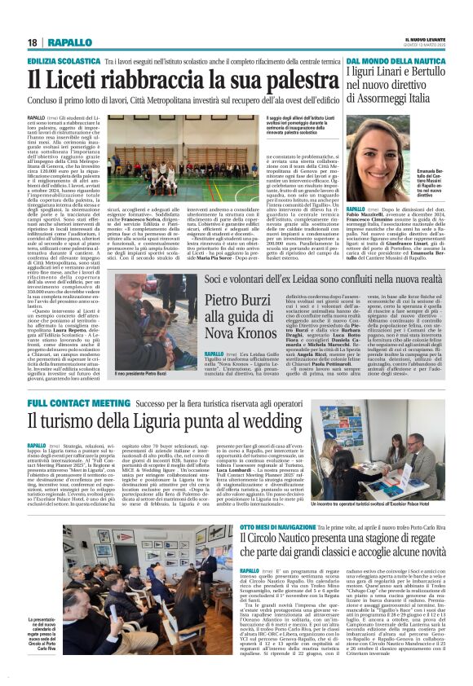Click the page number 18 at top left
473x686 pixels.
click(32, 42)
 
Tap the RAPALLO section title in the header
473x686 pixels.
click(69, 42)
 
